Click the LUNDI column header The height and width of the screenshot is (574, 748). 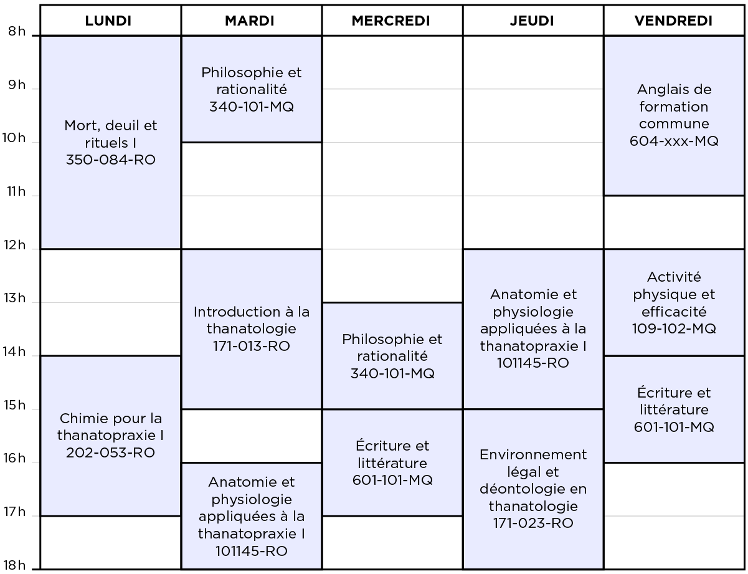pyautogui.click(x=108, y=21)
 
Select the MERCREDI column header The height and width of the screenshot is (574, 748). pyautogui.click(x=391, y=21)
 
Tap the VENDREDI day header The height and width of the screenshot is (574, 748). pyautogui.click(x=673, y=21)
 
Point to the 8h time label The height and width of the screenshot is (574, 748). pyautogui.click(x=17, y=31)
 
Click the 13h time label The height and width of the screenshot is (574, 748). pyautogui.click(x=15, y=298)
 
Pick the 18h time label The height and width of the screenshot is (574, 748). pyautogui.click(x=14, y=565)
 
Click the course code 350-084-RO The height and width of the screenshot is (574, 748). pyautogui.click(x=110, y=160)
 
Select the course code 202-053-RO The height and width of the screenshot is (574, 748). pyautogui.click(x=110, y=453)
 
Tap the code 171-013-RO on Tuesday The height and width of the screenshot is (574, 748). pyautogui.click(x=251, y=346)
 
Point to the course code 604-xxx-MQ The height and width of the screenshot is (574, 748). pyautogui.click(x=674, y=141)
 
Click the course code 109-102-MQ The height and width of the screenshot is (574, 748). pyautogui.click(x=674, y=328)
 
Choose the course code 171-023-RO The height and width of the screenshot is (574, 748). pyautogui.click(x=533, y=523)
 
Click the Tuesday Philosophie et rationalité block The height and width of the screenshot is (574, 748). pyautogui.click(x=252, y=89)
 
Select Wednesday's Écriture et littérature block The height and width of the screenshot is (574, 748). pyautogui.click(x=392, y=462)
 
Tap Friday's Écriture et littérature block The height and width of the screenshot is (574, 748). pyautogui.click(x=674, y=409)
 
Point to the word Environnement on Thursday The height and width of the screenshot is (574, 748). pyautogui.click(x=533, y=455)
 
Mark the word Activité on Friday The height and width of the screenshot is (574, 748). pyautogui.click(x=674, y=277)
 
